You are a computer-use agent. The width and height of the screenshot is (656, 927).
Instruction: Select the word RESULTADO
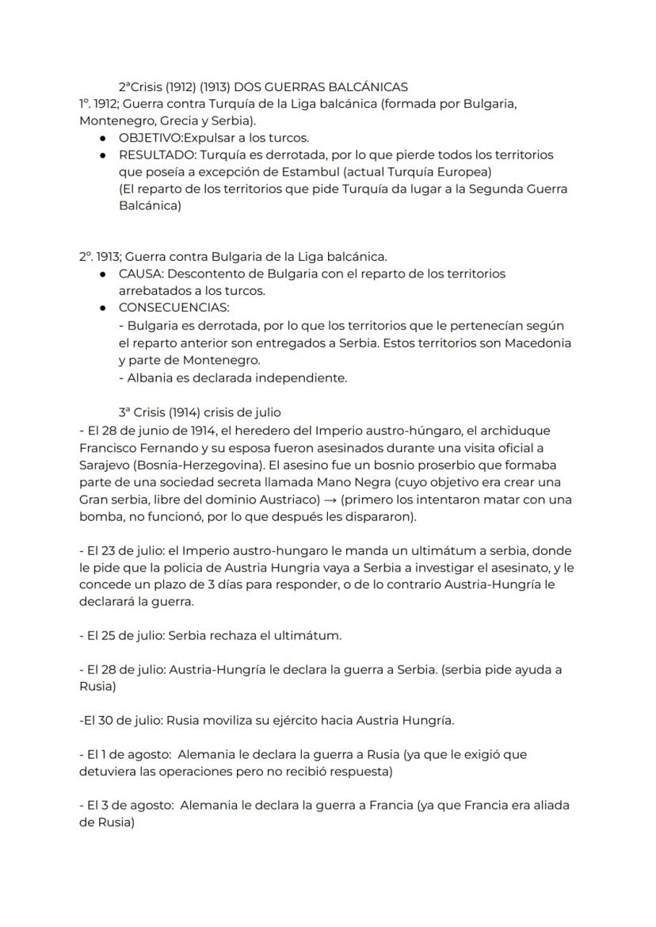(x=154, y=155)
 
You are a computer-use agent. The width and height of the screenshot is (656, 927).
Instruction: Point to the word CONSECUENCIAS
(x=174, y=308)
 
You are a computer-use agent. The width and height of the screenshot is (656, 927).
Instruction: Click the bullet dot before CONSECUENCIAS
(x=104, y=308)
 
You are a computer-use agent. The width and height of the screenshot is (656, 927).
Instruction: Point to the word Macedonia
(x=535, y=343)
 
